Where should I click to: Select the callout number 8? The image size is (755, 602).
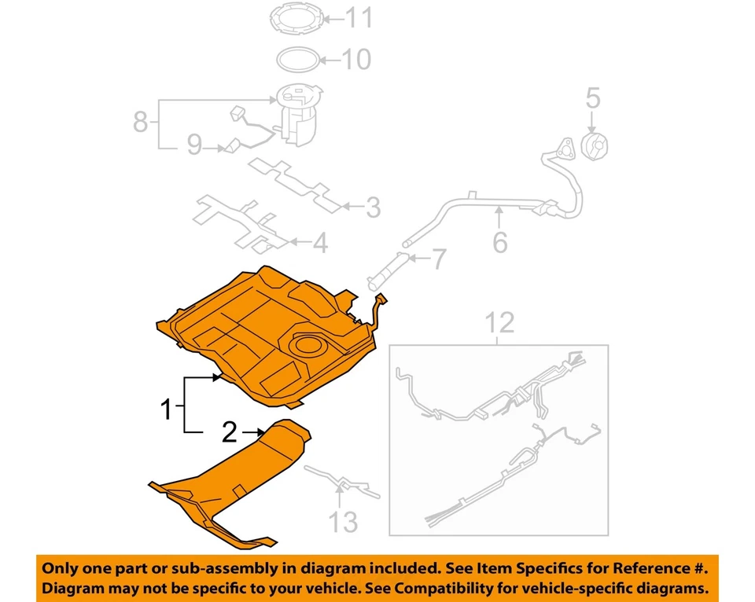(140, 123)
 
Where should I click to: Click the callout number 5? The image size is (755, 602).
(592, 98)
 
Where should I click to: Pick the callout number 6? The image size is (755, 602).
(500, 242)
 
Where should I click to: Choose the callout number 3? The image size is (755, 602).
(372, 208)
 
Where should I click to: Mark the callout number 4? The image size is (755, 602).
(319, 244)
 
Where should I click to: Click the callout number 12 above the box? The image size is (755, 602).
(499, 323)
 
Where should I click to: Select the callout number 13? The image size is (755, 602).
(343, 520)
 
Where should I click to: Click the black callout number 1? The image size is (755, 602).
(166, 409)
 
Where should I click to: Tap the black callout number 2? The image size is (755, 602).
(230, 431)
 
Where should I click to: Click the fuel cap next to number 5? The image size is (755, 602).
(594, 147)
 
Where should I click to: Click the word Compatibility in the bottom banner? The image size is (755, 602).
(450, 588)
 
